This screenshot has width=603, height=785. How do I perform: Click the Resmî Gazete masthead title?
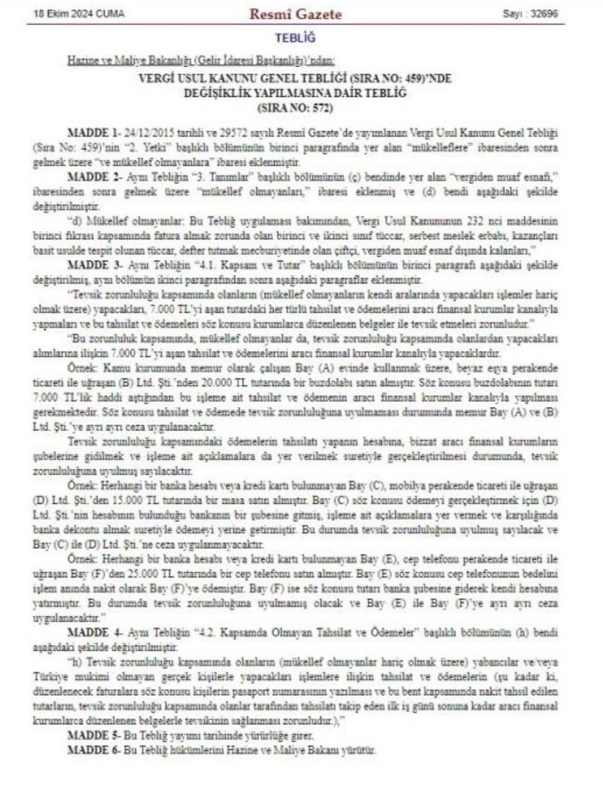point(296,14)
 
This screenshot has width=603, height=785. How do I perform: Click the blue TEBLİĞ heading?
point(295,38)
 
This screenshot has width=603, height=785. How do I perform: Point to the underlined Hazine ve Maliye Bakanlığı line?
point(201,61)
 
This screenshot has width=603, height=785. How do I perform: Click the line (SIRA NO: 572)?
point(295,107)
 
